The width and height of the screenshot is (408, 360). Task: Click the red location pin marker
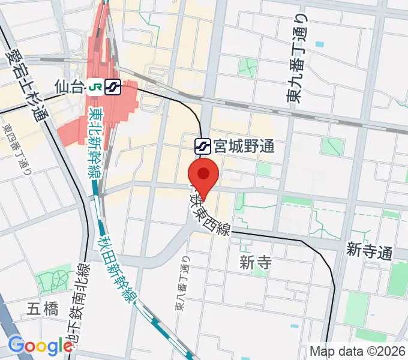tap(203, 175)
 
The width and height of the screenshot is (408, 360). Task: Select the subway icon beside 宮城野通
tap(202, 145)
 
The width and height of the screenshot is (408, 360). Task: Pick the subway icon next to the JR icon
tap(112, 88)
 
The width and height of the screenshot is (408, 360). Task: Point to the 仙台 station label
tap(68, 88)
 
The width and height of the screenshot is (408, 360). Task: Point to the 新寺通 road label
tap(368, 251)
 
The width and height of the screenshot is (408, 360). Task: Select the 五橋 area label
tap(43, 310)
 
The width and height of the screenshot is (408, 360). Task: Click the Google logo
tap(40, 346)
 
